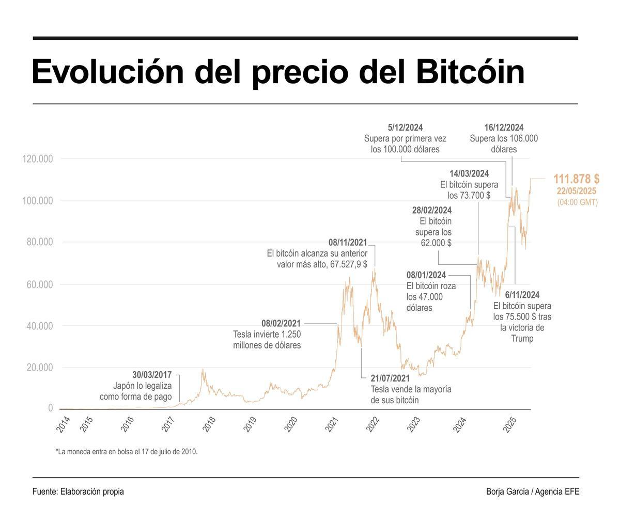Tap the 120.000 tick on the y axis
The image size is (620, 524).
pos(38,159)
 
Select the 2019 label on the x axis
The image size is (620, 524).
pos(250,424)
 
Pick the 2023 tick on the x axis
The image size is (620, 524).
pos(414,424)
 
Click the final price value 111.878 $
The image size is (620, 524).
pos(576,179)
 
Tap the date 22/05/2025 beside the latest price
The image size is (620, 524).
pos(576,191)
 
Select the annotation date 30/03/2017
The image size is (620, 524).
pos(152,375)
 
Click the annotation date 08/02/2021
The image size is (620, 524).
pos(281,324)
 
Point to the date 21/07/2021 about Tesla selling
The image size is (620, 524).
pos(390,378)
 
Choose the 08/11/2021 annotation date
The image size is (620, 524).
pos(348,242)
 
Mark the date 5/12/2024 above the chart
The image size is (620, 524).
pos(405,128)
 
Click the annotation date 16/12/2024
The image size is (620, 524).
pos(503,128)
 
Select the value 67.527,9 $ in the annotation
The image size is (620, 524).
pos(348,264)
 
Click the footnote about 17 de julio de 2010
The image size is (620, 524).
pos(127,452)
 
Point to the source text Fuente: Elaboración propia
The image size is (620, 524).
pos(78,491)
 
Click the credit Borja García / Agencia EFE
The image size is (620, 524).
pos(532,491)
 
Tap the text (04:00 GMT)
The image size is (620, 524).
pos(577,202)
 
